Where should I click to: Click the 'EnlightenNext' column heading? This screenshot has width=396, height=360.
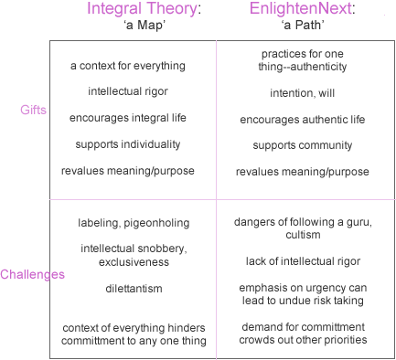tap(302, 8)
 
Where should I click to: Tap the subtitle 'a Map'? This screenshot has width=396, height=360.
tap(144, 25)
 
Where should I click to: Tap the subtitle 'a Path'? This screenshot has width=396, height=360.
tap(303, 25)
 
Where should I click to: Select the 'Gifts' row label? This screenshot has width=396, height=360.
tap(33, 110)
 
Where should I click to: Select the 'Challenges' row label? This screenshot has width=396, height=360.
tap(32, 274)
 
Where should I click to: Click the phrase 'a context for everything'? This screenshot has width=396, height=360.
tap(128, 66)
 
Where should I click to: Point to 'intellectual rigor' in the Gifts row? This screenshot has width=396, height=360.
tap(128, 91)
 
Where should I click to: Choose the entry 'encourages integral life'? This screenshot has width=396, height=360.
tap(128, 118)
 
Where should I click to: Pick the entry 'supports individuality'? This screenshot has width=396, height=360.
tap(128, 144)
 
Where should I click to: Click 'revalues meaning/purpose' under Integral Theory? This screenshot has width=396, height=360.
tap(128, 171)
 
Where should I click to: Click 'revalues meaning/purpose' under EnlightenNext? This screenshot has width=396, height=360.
tap(303, 172)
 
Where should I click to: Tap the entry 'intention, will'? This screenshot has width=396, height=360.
tap(303, 93)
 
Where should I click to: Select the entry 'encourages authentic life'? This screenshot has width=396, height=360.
tap(303, 120)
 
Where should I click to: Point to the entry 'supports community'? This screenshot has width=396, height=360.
tap(303, 145)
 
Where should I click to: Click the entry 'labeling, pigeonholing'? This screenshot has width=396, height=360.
tap(134, 223)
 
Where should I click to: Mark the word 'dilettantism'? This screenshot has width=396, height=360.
tap(134, 289)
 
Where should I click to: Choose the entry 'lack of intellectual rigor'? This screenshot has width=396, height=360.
tap(303, 261)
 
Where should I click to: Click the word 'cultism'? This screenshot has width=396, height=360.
tap(303, 235)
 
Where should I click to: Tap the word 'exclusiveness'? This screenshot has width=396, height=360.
tap(134, 262)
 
